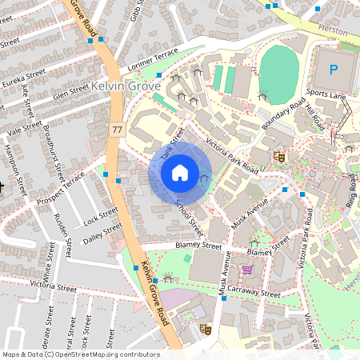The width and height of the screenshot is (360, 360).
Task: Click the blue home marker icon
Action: pyautogui.click(x=180, y=172)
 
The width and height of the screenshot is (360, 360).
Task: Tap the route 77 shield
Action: pyautogui.click(x=118, y=129)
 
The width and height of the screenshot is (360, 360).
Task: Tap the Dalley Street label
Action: pyautogui.click(x=102, y=231)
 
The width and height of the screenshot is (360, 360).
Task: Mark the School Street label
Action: pyautogui.click(x=190, y=210)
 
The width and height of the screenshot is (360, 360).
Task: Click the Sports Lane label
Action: pyautogui.click(x=326, y=94)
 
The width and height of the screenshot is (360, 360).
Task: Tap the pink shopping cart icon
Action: pyautogui.click(x=247, y=270)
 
